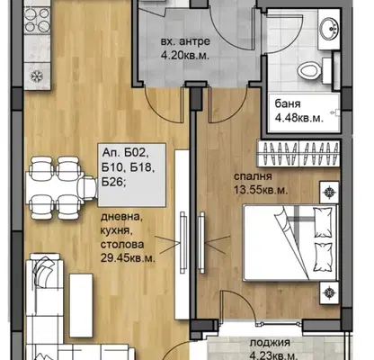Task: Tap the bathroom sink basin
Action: click(x=329, y=29)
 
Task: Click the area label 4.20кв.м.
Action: click(x=185, y=56)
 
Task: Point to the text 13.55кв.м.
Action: click(x=261, y=190)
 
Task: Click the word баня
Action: click(x=288, y=104)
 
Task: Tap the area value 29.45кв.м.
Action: click(x=128, y=258)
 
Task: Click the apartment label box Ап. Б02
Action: click(x=132, y=175)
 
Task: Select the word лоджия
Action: click(x=270, y=343)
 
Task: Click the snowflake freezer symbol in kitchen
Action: click(x=37, y=76)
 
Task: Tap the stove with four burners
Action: click(x=37, y=21)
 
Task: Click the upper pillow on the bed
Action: click(x=323, y=221)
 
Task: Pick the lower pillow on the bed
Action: click(x=323, y=257)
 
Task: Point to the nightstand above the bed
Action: click(x=329, y=192)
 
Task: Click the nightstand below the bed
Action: click(x=329, y=292)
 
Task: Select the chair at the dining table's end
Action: click(x=86, y=188)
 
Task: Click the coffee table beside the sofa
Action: click(x=81, y=305)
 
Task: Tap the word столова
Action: click(x=122, y=245)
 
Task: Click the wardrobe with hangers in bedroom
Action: click(x=298, y=153)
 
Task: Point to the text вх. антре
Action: click(x=185, y=41)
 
